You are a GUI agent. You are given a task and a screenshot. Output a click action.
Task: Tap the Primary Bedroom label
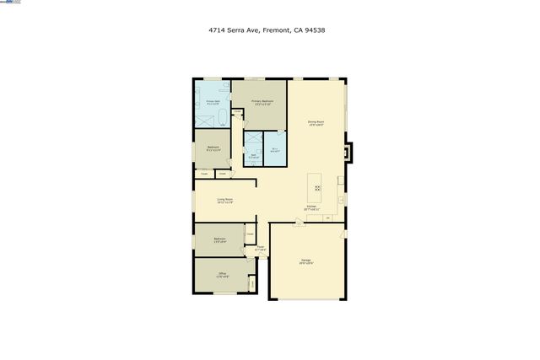point(262,102)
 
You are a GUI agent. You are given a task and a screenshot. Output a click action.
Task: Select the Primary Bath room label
point(213,102)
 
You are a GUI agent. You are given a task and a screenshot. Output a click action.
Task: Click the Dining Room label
point(316,123)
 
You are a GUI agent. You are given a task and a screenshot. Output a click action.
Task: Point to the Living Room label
point(224,201)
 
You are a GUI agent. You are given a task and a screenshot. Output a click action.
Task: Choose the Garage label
point(305,261)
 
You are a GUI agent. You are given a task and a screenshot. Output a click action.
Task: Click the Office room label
point(223,275)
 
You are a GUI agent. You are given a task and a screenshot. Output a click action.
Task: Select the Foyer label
point(261,248)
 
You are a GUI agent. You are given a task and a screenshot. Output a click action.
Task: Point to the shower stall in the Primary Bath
point(203,116)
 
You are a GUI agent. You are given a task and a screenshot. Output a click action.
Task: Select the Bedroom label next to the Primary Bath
point(213,148)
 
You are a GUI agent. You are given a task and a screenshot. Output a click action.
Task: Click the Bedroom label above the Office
point(219,239)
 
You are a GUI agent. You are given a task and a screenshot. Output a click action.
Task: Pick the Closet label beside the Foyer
point(250,234)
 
